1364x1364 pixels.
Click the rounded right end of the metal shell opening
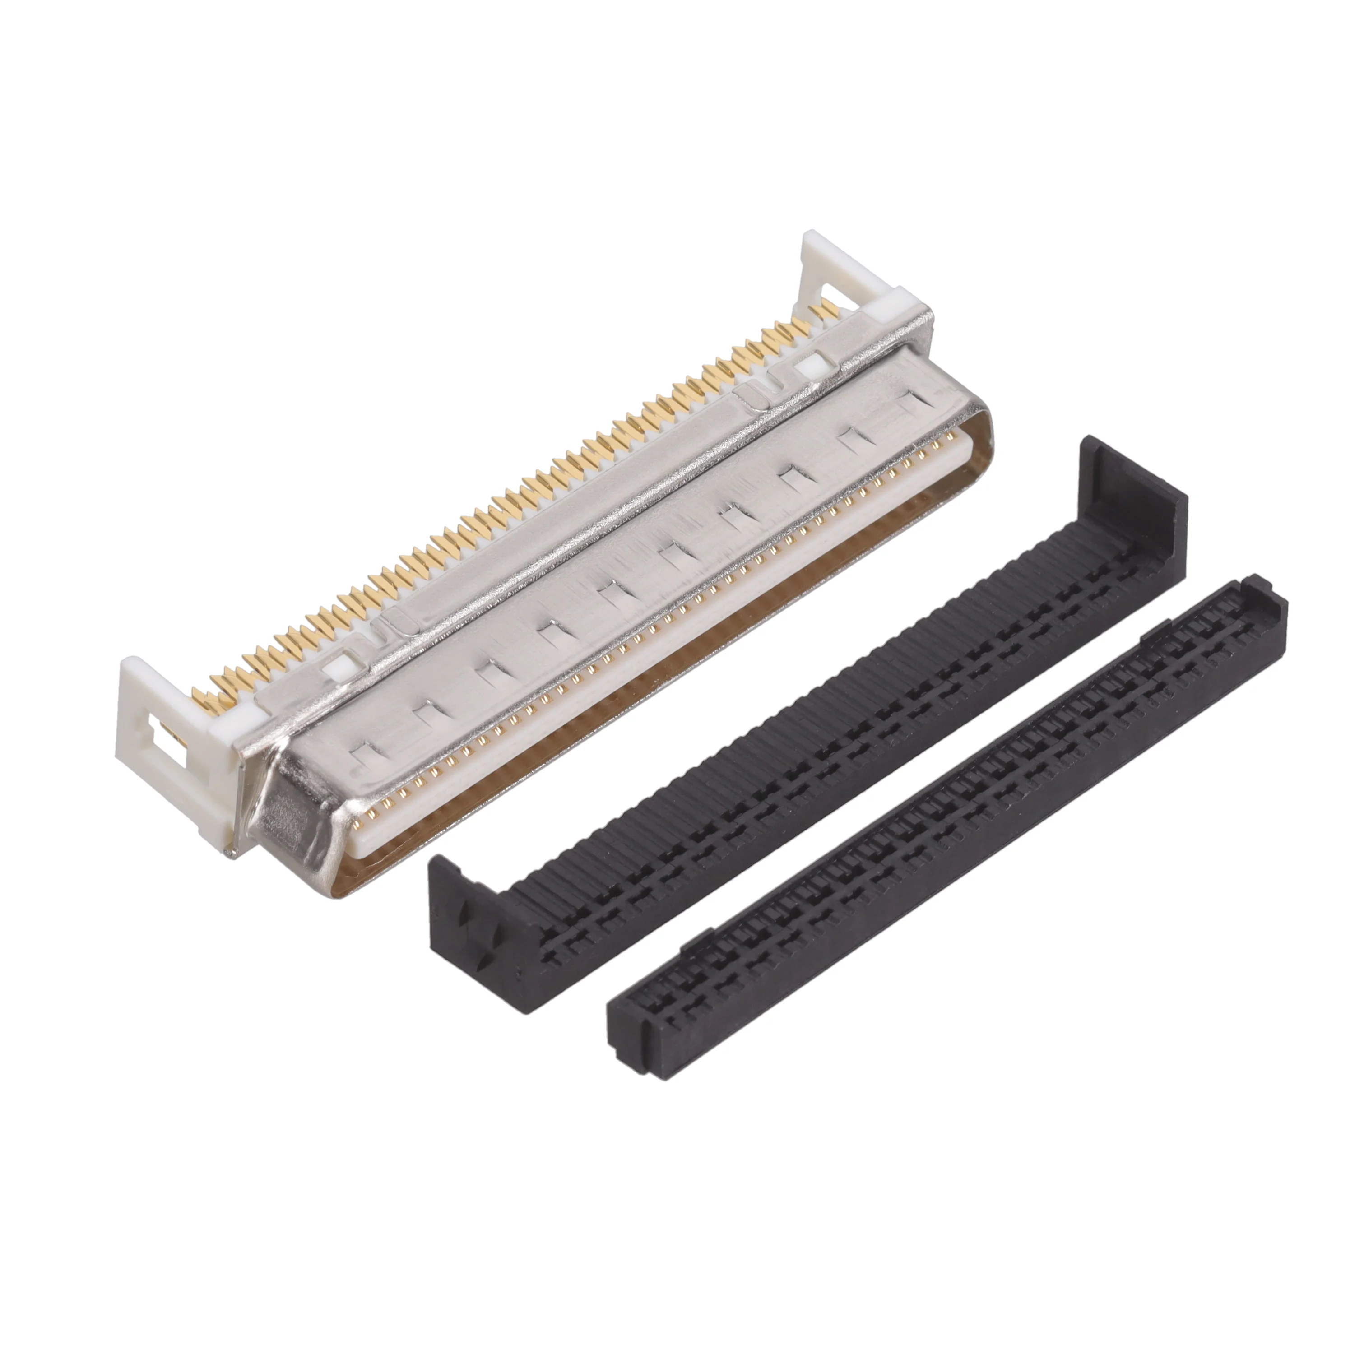pyautogui.click(x=981, y=452)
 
